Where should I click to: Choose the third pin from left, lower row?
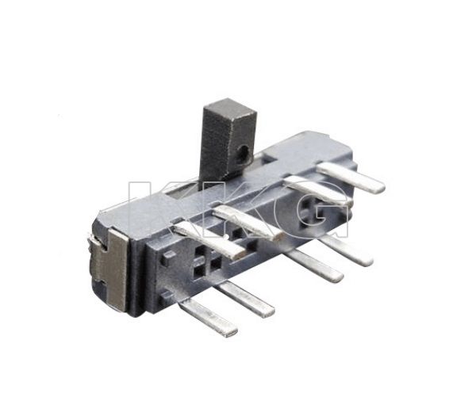pos(314,266)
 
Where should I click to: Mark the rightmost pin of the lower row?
pos(344,250)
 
